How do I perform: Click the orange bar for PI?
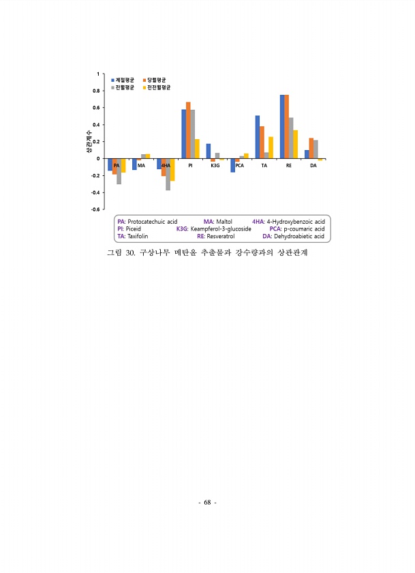188,130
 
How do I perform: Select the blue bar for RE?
282,127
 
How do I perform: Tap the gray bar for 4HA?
168,174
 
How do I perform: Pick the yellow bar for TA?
271,147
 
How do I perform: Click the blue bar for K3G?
209,151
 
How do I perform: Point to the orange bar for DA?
311,148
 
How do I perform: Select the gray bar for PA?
119,171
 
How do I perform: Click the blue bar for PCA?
232,165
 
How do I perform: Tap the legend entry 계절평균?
125,80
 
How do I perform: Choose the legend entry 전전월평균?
159,87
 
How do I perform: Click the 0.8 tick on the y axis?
95,90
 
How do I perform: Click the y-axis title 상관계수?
89,141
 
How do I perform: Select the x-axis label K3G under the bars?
215,166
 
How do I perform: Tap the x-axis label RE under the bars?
289,166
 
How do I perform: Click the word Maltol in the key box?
224,222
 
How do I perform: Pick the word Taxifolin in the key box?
137,236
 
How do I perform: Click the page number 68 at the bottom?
207,503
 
